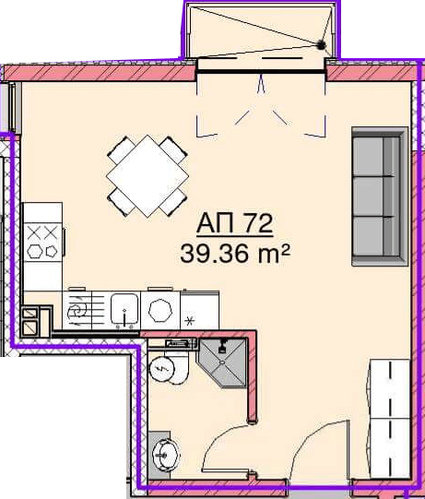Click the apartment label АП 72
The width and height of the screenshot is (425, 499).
(235, 224)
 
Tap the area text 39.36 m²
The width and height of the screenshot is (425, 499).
(235, 254)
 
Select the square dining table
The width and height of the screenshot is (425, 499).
(148, 176)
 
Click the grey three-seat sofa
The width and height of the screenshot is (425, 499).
(380, 196)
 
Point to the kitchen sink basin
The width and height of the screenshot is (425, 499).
(124, 309)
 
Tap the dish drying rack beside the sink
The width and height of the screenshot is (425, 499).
(77, 310)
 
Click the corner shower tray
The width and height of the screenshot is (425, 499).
(222, 362)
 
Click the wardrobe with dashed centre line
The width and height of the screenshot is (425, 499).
(390, 419)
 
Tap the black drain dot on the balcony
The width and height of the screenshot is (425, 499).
(322, 45)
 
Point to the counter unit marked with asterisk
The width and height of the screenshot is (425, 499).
(199, 311)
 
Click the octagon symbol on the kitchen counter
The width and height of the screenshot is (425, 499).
(160, 311)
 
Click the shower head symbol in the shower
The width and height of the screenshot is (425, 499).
(222, 346)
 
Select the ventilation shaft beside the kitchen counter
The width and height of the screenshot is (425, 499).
(36, 322)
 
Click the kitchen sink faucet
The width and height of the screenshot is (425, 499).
(124, 317)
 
